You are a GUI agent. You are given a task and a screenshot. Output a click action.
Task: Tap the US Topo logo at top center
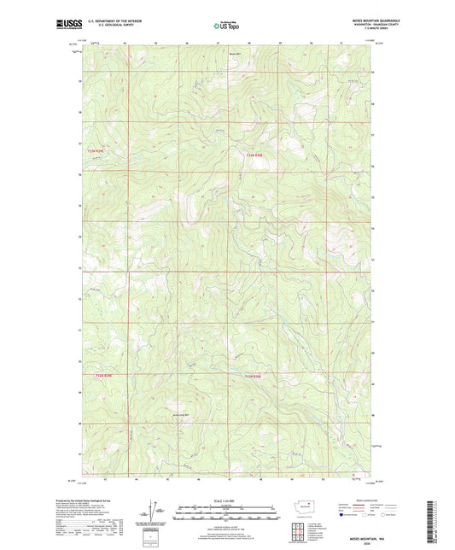point(226,26)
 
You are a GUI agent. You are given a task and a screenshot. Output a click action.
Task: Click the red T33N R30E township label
point(259,155)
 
